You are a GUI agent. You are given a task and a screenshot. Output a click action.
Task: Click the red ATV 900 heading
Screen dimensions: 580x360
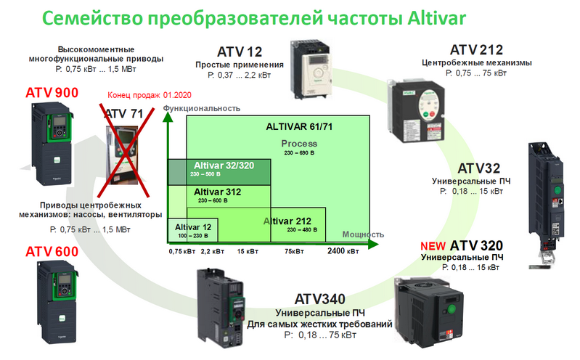coord(52,92)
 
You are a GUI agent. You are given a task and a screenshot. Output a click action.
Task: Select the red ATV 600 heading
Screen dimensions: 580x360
coord(52,252)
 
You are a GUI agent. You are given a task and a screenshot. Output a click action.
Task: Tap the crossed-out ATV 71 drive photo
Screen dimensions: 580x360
coord(122,155)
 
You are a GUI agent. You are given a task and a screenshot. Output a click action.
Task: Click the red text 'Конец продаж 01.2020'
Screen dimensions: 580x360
coord(150,95)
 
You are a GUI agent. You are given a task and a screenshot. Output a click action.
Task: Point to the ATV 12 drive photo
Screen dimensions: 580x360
coord(310,69)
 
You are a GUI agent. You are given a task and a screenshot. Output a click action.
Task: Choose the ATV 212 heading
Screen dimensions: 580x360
coord(476,50)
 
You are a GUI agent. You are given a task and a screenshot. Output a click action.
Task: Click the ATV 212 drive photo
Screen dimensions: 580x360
coord(416,111)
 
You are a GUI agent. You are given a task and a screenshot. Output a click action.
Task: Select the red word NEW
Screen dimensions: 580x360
coord(433,246)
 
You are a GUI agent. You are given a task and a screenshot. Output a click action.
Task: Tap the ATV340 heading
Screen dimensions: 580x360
coord(320,299)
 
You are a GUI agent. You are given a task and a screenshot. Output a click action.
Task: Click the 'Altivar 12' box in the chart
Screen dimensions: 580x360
coord(192,230)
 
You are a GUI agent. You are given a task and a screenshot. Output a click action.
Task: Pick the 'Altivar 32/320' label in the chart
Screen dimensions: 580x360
coord(224,165)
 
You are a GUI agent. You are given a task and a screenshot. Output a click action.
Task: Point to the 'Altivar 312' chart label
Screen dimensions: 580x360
coord(218,192)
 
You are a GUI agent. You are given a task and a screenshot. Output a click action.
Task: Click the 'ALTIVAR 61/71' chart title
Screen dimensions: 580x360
coord(299,126)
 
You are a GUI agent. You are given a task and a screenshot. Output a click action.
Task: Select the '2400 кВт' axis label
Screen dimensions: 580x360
coord(343,251)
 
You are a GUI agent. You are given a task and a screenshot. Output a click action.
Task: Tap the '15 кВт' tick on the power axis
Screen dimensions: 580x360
coord(248,252)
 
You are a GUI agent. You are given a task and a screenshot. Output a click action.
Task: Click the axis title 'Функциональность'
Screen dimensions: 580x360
coord(202,108)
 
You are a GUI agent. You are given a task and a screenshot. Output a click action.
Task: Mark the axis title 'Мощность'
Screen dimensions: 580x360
coord(363,234)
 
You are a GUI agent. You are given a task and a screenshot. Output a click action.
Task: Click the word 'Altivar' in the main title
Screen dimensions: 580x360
coord(436,18)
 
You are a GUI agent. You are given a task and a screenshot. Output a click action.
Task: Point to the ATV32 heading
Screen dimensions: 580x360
coord(478,168)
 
